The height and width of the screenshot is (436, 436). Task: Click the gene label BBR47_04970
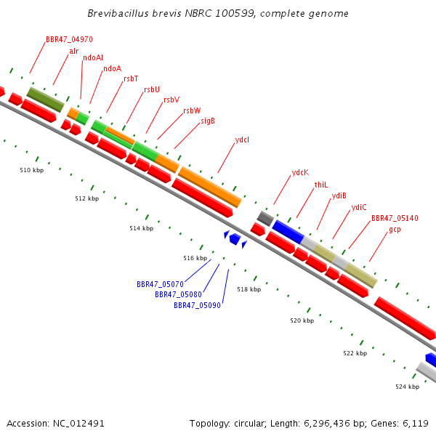69,39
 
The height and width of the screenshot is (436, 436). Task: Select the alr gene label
74,51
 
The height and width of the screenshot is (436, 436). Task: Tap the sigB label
208,121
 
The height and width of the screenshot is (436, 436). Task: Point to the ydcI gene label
242,140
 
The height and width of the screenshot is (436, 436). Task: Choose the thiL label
321,185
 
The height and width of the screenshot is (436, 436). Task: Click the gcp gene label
395,230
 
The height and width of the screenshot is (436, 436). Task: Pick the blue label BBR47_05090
197,305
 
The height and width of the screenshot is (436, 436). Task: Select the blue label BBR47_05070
160,284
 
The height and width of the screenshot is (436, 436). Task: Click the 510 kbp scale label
32,170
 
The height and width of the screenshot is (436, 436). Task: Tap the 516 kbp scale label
195,258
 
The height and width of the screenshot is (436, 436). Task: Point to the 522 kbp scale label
355,353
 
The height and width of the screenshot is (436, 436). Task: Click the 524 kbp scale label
408,387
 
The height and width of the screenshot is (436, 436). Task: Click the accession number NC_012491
78,424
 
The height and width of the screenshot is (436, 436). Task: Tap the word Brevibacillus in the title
118,13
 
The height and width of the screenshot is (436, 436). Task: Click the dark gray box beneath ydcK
265,219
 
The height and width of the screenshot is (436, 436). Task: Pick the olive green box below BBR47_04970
46,100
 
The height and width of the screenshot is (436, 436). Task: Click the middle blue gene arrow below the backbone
235,239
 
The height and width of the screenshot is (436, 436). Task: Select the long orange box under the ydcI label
210,187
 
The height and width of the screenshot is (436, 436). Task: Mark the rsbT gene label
131,79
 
